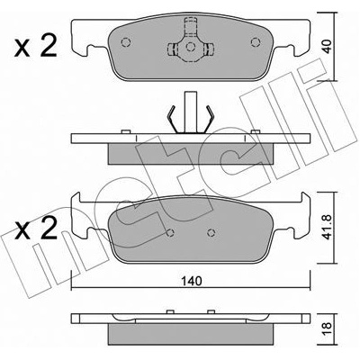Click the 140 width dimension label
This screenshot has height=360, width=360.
click(192, 281)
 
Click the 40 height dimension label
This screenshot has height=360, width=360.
click(328, 47)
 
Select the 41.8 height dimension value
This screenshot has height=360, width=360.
click(328, 228)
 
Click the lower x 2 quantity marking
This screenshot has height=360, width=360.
click(35, 229)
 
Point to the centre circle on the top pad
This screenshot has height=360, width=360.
click(190, 47)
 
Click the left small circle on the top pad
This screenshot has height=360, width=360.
click(126, 42)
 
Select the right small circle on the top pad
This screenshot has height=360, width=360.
click(256, 42)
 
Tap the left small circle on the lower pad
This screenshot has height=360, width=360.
click(170, 232)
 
